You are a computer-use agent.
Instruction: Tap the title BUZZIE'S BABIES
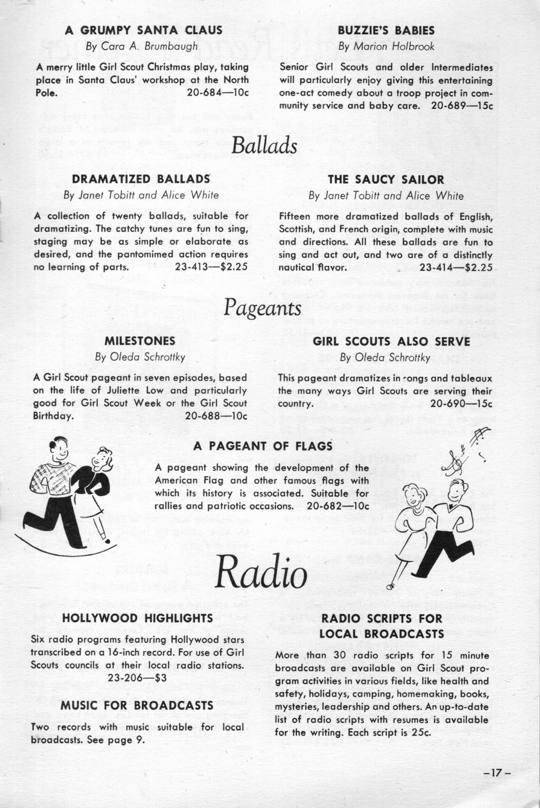tap(386, 31)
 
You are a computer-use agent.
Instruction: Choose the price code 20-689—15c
tap(462, 106)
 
